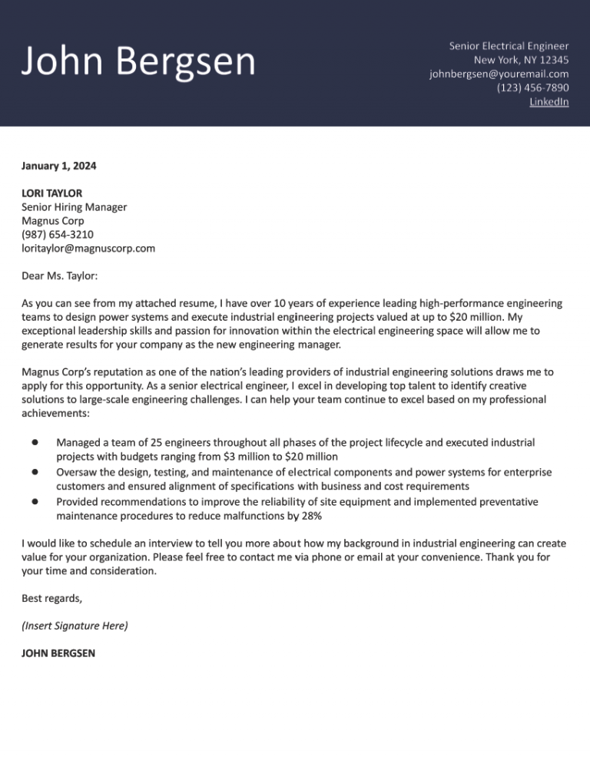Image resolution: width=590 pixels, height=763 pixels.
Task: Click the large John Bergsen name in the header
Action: click(x=138, y=61)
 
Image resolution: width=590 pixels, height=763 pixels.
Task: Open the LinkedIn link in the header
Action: click(x=549, y=101)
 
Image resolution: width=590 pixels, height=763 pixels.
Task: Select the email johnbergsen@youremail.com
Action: click(x=499, y=74)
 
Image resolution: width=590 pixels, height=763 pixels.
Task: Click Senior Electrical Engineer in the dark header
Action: click(x=509, y=46)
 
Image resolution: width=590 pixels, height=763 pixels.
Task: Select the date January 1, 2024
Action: click(x=59, y=165)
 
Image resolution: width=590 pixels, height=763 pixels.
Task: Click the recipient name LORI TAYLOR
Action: click(x=51, y=193)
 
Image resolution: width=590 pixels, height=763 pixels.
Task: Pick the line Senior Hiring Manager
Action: click(x=74, y=207)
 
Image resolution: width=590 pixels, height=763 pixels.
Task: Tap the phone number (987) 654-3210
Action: click(x=58, y=235)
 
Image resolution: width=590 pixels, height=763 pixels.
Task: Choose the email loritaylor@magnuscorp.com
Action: click(x=88, y=249)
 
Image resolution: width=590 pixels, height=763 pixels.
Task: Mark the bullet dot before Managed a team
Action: click(x=35, y=443)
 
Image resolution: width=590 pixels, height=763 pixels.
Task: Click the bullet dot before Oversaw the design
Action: click(x=35, y=472)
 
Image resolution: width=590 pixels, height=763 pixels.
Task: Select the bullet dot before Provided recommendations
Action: click(x=35, y=501)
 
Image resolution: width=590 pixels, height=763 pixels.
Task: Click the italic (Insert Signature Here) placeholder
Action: click(x=75, y=626)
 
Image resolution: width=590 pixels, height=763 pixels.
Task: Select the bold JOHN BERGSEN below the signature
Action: click(x=58, y=654)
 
